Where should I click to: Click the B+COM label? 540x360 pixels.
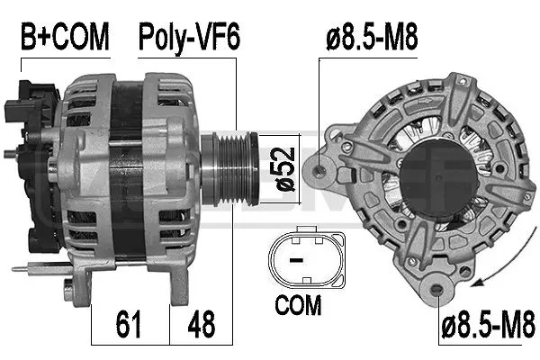click(x=65, y=37)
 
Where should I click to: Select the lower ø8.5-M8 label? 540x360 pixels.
click(x=487, y=319)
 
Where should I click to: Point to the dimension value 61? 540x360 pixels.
click(x=130, y=321)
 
